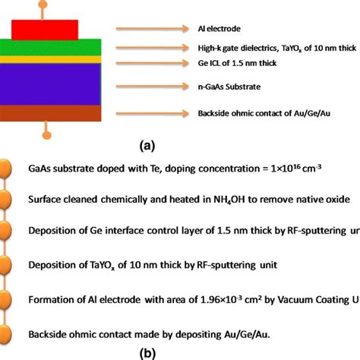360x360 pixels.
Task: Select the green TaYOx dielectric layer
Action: coord(54,46)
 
